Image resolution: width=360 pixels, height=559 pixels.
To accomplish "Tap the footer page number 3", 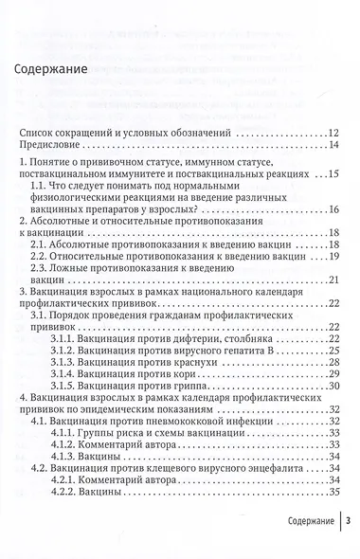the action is coord(349,547).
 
